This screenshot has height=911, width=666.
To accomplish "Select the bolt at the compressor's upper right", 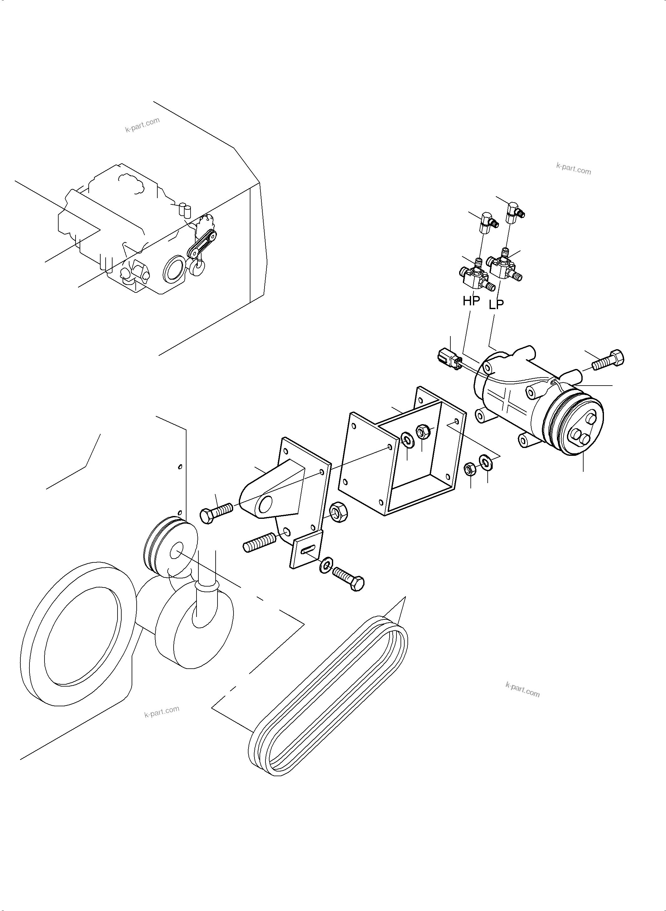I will (x=608, y=359).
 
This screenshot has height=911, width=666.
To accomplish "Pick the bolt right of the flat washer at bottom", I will (x=348, y=578).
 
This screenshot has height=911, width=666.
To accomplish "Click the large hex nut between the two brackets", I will (x=338, y=513).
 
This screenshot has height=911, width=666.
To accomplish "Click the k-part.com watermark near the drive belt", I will (x=522, y=690).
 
